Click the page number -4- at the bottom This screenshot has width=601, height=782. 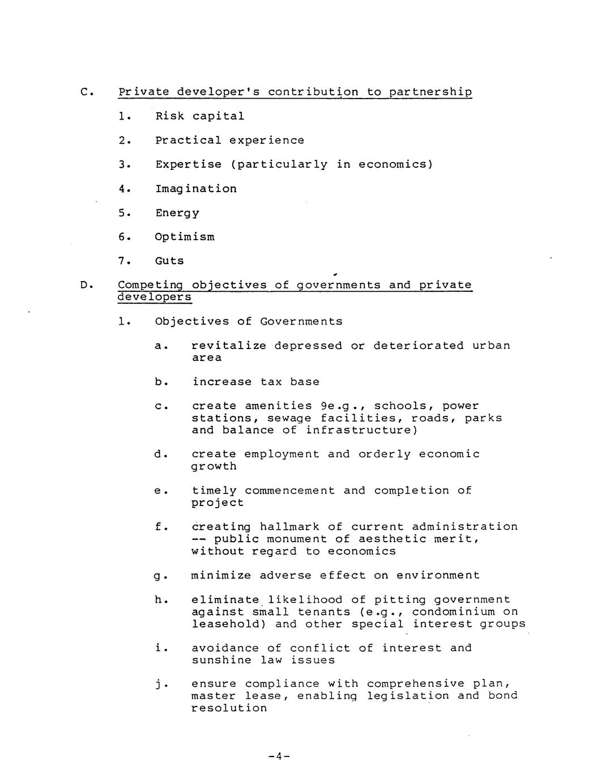point(279,756)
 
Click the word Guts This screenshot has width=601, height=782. point(169,261)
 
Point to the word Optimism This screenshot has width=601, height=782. point(185,237)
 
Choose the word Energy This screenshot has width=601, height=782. point(177,213)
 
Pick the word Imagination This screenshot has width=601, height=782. point(196,189)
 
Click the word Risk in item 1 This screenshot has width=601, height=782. point(170,116)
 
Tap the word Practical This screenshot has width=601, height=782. point(188,140)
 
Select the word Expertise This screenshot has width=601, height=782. point(189,164)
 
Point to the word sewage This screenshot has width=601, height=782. point(289,418)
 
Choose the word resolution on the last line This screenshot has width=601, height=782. point(229,708)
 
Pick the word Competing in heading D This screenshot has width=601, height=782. point(151,285)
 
